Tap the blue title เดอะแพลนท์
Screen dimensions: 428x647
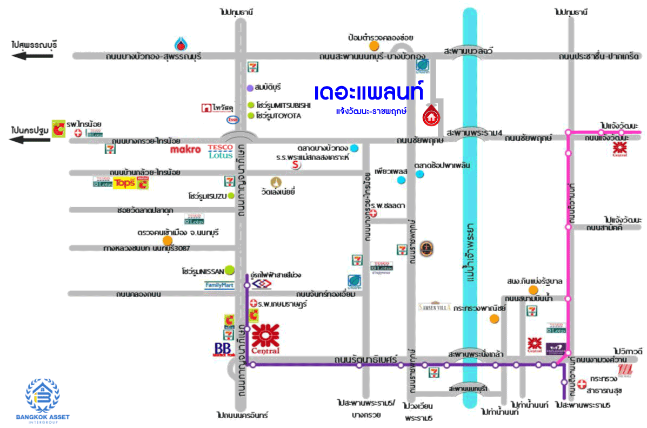[368, 91]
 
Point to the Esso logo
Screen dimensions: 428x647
[233, 120]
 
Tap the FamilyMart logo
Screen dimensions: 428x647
[219, 285]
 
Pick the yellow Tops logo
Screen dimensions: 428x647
[124, 183]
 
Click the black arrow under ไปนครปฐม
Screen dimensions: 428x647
[32, 140]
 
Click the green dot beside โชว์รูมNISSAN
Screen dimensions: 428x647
[230, 269]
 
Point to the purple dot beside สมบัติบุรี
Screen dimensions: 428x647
[250, 88]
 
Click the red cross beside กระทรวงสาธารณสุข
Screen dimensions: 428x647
[582, 384]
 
